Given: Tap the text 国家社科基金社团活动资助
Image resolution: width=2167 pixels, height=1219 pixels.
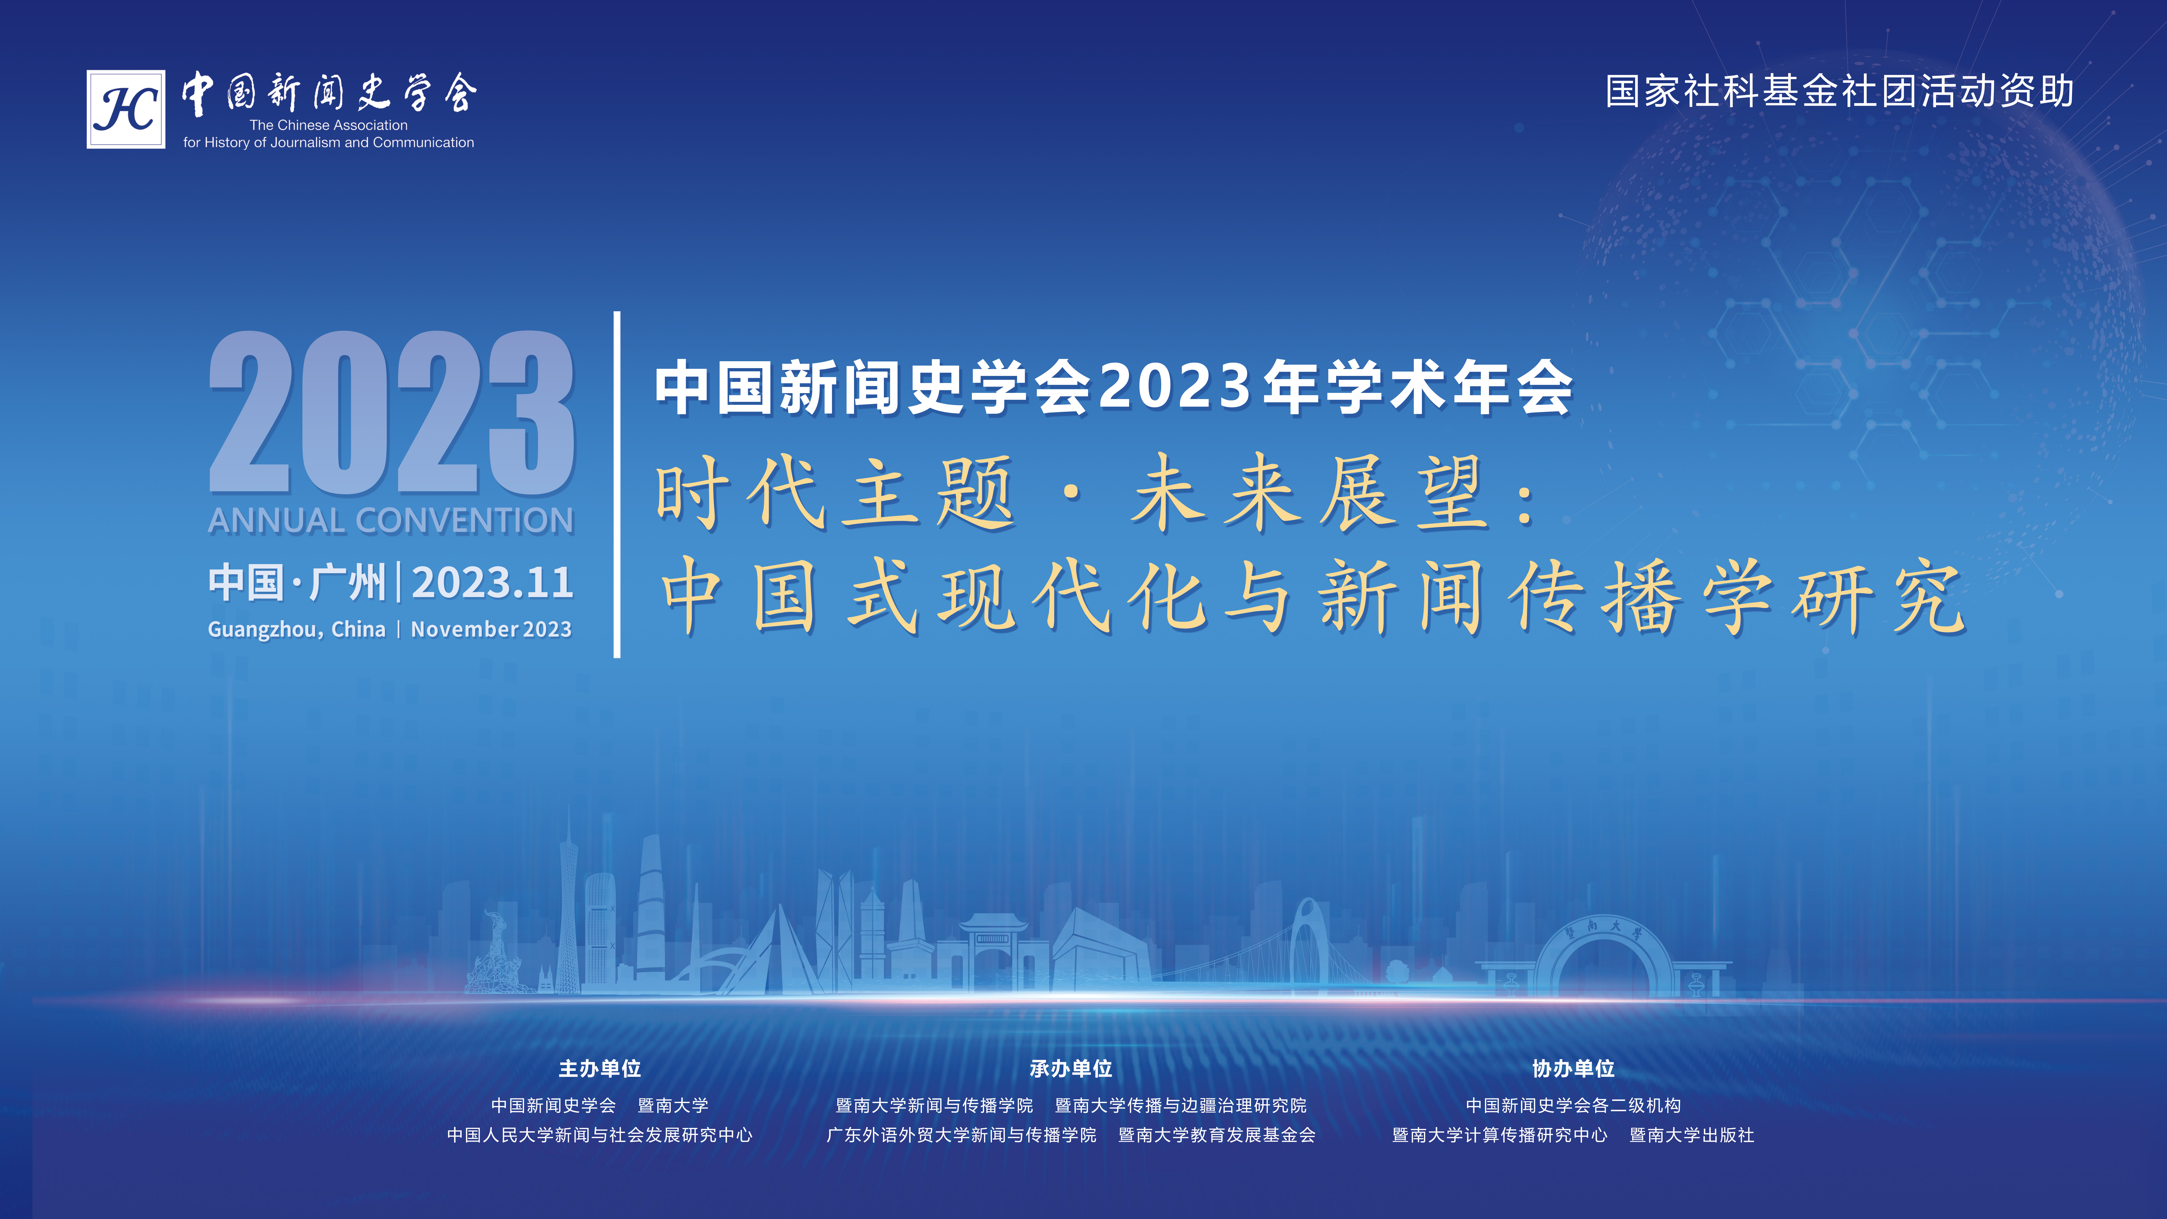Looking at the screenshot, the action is click(x=1839, y=91).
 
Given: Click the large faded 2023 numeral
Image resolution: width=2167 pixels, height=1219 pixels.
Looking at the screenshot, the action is click(x=392, y=412).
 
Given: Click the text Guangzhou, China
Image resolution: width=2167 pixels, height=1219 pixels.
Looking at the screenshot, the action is click(x=297, y=629).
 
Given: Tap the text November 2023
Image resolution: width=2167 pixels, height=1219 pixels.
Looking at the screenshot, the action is click(x=491, y=629).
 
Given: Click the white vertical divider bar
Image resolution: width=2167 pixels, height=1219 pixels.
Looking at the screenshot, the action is click(x=617, y=485).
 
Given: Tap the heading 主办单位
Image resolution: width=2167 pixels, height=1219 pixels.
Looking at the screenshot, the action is click(x=600, y=1068).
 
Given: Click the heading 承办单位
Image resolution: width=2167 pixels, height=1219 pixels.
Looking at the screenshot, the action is click(x=1071, y=1068).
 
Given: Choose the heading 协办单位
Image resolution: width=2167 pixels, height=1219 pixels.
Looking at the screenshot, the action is click(x=1573, y=1068).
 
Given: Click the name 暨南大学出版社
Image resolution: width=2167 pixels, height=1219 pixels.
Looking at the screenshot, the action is click(x=1692, y=1135).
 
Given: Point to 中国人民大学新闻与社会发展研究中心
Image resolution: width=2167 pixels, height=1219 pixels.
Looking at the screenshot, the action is click(x=600, y=1135).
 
